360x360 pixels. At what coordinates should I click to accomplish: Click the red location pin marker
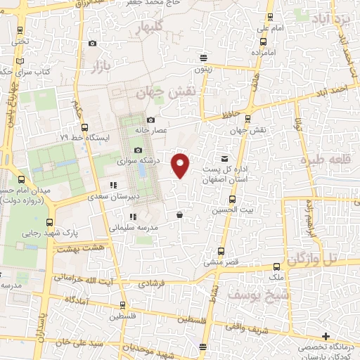[181, 164]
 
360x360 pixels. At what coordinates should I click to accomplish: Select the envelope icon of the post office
[224, 159]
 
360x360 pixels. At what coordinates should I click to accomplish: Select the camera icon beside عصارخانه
[150, 120]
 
